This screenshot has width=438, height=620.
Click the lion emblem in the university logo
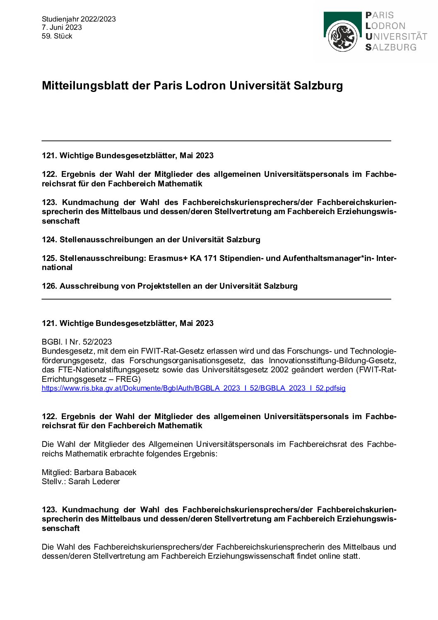343,37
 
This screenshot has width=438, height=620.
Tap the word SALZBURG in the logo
391,47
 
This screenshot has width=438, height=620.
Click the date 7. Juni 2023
62,27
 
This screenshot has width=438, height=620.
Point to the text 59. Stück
57,36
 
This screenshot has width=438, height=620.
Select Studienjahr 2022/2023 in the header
79,19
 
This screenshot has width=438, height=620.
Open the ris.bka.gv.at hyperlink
193,388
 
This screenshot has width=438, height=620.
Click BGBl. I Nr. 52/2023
77,342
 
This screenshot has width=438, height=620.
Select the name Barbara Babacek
105,472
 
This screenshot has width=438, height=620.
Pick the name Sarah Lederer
94,481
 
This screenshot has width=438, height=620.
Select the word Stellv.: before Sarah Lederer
54,481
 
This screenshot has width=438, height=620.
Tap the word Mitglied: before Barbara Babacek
57,472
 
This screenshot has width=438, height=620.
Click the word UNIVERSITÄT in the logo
396,36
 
